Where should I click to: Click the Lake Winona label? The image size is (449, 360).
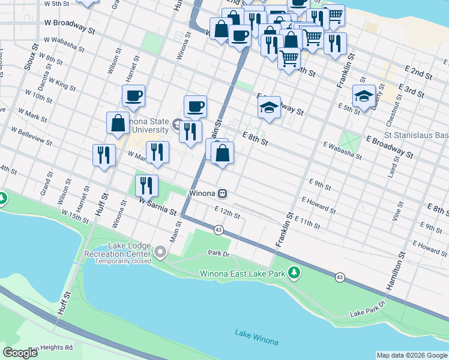pos(256,337)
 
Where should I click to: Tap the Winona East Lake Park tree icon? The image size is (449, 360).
pos(294,274)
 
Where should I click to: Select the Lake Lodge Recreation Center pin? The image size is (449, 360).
pos(160,253)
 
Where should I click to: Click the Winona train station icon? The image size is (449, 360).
pos(222,194)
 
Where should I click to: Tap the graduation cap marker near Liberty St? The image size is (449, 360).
pos(364,96)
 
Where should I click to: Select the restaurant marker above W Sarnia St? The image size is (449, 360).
pos(146,186)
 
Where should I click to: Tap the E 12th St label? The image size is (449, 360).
pos(228,212)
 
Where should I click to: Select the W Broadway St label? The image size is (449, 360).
pos(70,26)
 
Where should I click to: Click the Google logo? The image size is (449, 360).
pos(20,353)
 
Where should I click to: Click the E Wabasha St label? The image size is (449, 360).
pos(342,151)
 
